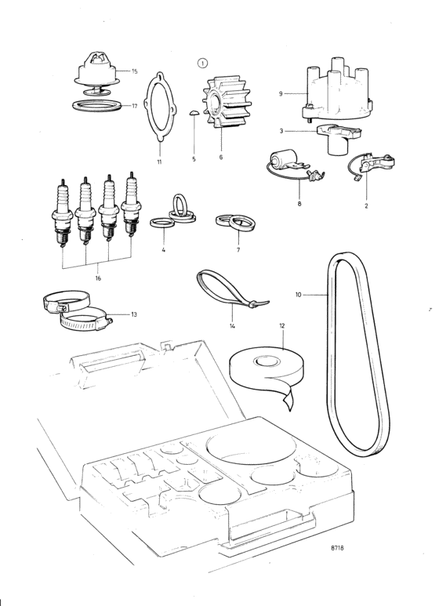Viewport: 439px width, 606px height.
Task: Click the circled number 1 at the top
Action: coord(202,64)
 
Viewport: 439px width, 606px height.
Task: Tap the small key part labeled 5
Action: coord(194,113)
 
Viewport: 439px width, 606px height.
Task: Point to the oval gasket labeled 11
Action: coord(160,107)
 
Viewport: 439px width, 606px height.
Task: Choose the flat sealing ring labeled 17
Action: coord(96,105)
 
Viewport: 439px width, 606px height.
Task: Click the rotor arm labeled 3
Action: coord(339,138)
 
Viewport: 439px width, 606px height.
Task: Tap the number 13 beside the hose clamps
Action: coord(134,314)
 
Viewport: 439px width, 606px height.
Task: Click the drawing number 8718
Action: coord(337,548)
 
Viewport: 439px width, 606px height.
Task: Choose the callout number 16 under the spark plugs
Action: coord(98,278)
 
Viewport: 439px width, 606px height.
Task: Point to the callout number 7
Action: coord(238,250)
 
